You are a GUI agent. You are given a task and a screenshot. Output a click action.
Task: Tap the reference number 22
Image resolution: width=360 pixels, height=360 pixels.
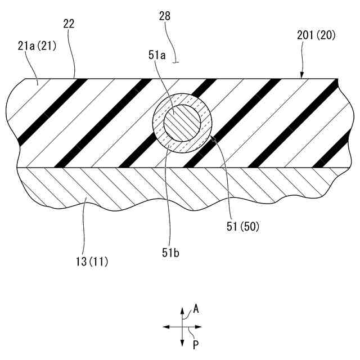tap(69, 24)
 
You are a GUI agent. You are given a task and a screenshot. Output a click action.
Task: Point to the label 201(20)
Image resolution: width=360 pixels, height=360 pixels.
tap(316, 35)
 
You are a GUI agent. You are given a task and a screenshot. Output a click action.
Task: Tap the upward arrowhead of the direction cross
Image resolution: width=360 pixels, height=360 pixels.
tap(182, 310)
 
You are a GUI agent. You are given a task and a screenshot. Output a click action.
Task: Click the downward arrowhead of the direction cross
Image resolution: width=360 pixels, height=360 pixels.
tap(182, 343)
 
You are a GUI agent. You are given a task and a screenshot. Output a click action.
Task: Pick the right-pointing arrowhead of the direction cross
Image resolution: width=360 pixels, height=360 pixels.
tap(199, 326)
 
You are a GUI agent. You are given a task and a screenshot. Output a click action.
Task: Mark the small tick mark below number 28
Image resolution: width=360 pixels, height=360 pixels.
tap(177, 62)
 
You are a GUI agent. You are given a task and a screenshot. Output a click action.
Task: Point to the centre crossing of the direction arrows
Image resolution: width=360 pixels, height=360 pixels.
tap(182, 326)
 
